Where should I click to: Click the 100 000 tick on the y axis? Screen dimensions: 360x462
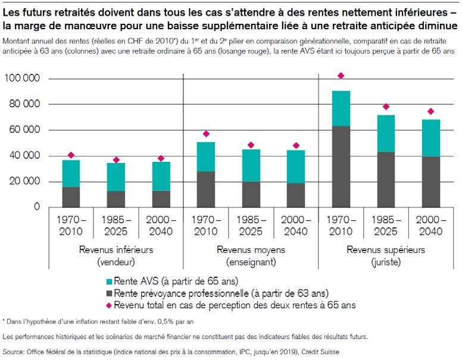[23, 79]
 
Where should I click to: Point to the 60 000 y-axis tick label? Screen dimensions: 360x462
[25, 130]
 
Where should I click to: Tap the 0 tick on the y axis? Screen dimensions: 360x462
[36, 207]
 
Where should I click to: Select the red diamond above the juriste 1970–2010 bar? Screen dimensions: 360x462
[341, 76]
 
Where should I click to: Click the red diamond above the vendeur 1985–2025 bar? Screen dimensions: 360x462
[116, 160]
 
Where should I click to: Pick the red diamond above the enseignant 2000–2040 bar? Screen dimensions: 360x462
[296, 146]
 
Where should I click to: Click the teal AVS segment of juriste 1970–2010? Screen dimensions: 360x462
[341, 108]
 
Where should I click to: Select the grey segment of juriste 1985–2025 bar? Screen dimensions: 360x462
[386, 179]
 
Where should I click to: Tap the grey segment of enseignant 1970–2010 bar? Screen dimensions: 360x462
[206, 189]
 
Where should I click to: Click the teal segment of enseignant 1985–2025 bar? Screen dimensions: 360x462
[251, 165]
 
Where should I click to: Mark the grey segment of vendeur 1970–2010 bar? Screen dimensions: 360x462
[71, 197]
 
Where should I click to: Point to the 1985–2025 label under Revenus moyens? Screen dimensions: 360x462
[251, 224]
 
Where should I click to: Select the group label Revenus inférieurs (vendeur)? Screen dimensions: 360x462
[115, 255]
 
